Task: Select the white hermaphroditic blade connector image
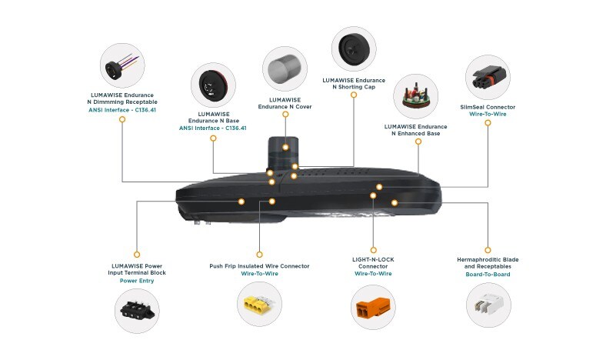tap(487, 308)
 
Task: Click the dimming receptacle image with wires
tap(122, 65)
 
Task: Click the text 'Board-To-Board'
tap(487, 274)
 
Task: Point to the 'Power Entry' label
tap(137, 281)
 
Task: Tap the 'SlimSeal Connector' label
tap(487, 107)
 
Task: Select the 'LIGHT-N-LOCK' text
tap(374, 259)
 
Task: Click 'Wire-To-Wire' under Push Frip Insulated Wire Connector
tap(259, 274)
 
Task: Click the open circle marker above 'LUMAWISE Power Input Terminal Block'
tap(137, 253)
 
